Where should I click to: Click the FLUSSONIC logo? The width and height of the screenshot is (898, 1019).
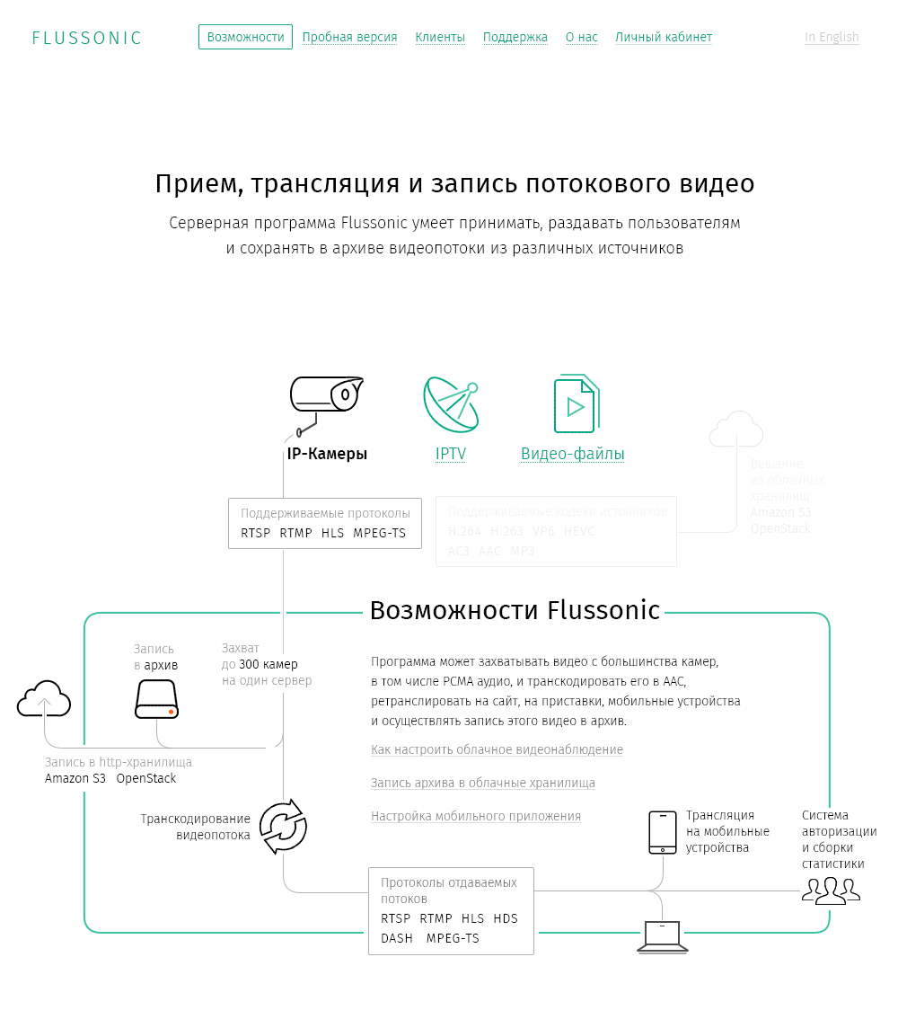coord(87,38)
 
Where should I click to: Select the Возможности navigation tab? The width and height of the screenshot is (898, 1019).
coord(245,37)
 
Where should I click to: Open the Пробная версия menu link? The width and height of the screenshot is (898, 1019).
coord(349,37)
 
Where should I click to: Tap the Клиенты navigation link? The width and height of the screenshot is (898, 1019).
coord(440,37)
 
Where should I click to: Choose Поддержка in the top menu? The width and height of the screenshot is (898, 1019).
coord(515,37)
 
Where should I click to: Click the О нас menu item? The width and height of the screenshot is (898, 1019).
coord(582,37)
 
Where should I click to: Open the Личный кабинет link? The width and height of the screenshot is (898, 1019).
coord(664,37)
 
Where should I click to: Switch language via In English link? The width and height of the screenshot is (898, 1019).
coord(832,37)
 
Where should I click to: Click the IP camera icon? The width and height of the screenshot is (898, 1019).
coord(325,401)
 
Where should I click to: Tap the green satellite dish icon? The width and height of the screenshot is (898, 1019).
coord(451,403)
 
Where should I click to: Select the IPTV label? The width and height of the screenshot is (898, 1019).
coord(451,454)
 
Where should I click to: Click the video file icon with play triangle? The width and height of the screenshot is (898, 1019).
coord(575,404)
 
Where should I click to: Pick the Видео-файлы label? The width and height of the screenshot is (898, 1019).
coord(573,454)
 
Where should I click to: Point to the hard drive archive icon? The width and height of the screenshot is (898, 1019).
coord(157,698)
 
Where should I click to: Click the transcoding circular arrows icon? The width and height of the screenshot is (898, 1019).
coord(283,826)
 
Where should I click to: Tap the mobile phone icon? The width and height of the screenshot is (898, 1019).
coord(663,832)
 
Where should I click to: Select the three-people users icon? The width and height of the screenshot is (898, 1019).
coord(831,890)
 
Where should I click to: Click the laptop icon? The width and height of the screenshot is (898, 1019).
coord(663,936)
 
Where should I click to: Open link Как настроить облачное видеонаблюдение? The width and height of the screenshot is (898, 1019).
coord(497,749)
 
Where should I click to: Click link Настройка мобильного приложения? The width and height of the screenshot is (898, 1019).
coord(476,816)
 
